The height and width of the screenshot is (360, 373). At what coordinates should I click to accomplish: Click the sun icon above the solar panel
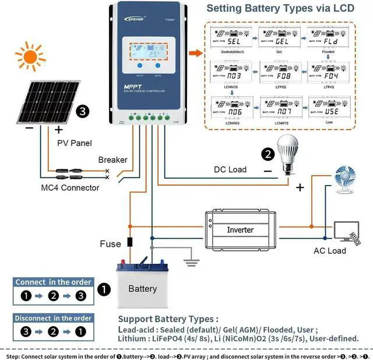[x=30, y=57]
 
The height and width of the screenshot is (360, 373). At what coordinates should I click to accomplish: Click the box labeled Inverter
[x=240, y=229]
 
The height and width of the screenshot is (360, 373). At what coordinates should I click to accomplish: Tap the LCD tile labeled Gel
[x=279, y=44]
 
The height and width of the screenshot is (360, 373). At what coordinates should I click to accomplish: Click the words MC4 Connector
[x=70, y=188]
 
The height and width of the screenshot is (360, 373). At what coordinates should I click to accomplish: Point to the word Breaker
[x=112, y=159]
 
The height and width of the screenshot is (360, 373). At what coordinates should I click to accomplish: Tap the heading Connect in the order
[x=53, y=282]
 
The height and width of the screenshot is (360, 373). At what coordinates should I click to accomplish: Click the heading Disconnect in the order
[x=53, y=318]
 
